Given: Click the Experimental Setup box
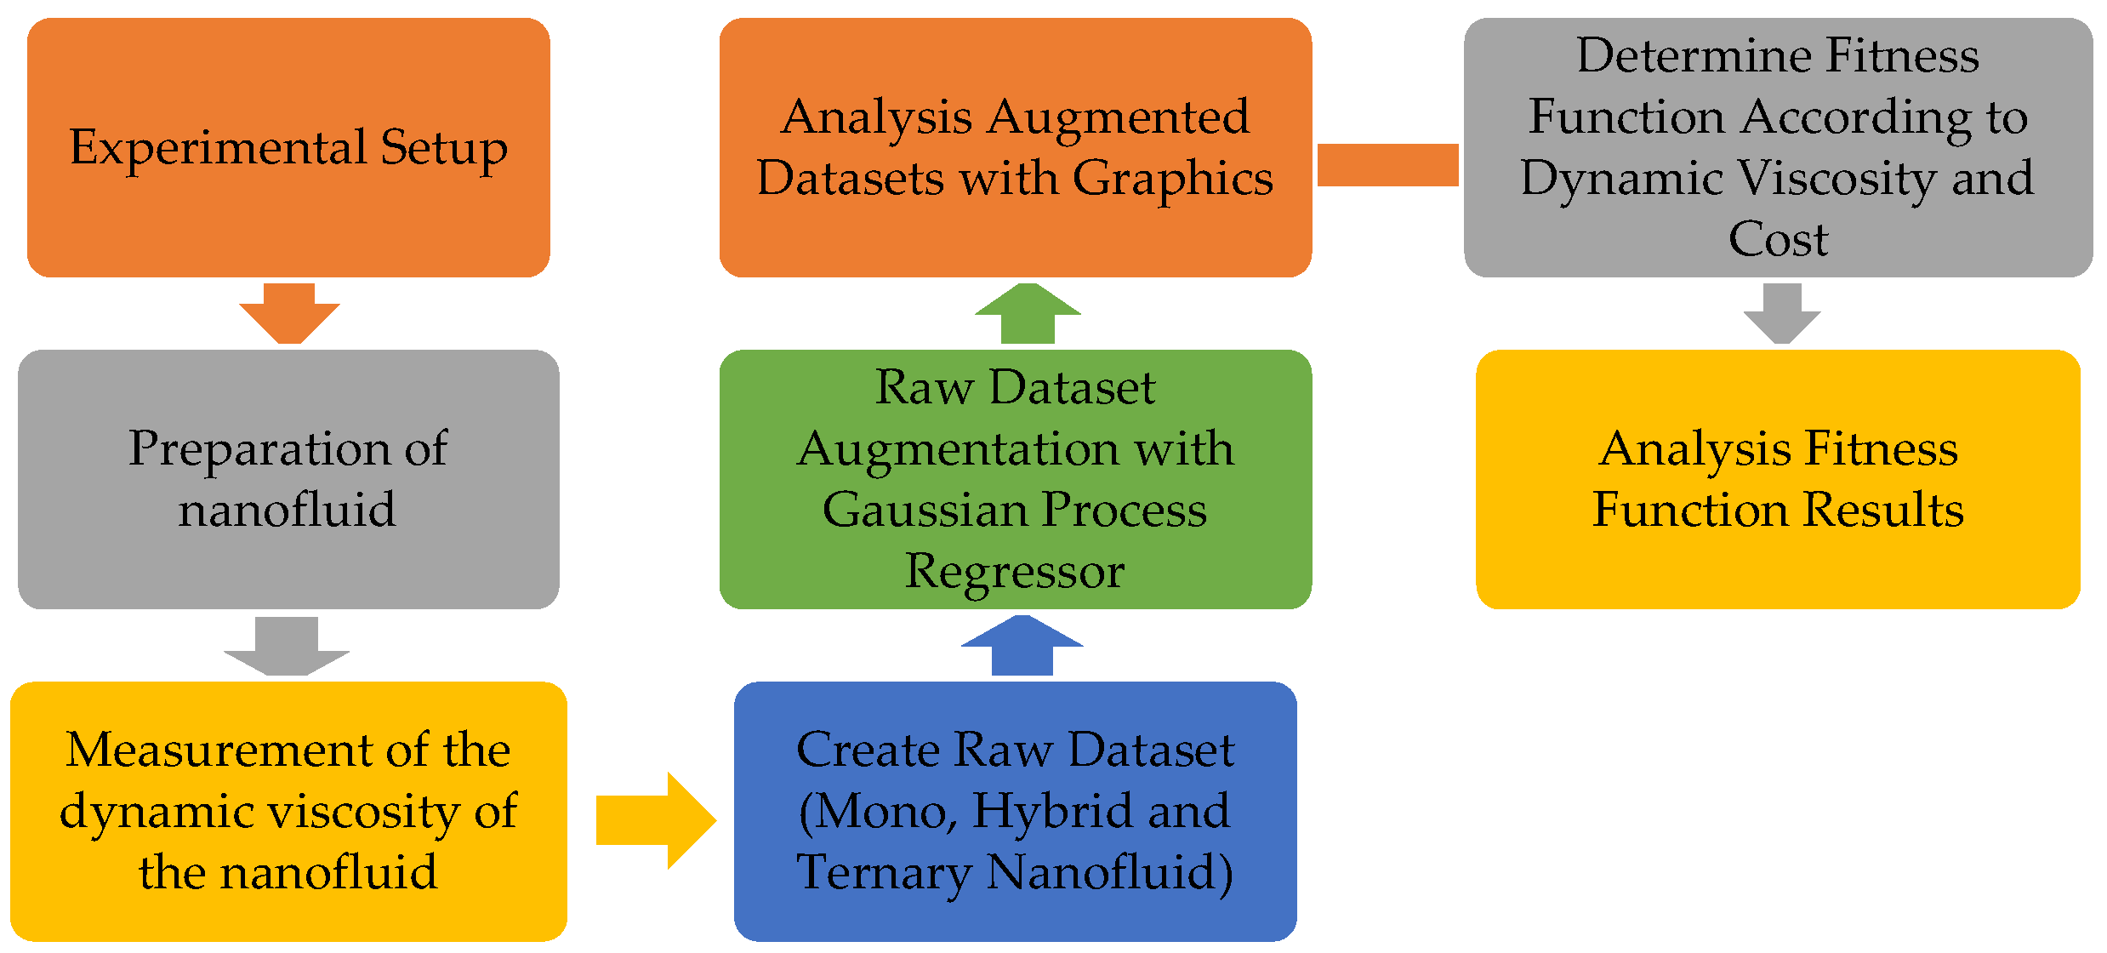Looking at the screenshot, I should pos(288,147).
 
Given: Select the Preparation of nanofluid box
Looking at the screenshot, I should pos(288,479).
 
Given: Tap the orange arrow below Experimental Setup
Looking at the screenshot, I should pos(289,314).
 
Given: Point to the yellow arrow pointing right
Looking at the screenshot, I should pos(655,820).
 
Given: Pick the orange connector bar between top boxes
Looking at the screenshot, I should pos(1387,164).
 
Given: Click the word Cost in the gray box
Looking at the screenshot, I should pos(1778,239).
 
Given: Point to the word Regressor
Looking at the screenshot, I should pos(1014,571).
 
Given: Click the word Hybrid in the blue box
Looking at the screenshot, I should pos(1052,811).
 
